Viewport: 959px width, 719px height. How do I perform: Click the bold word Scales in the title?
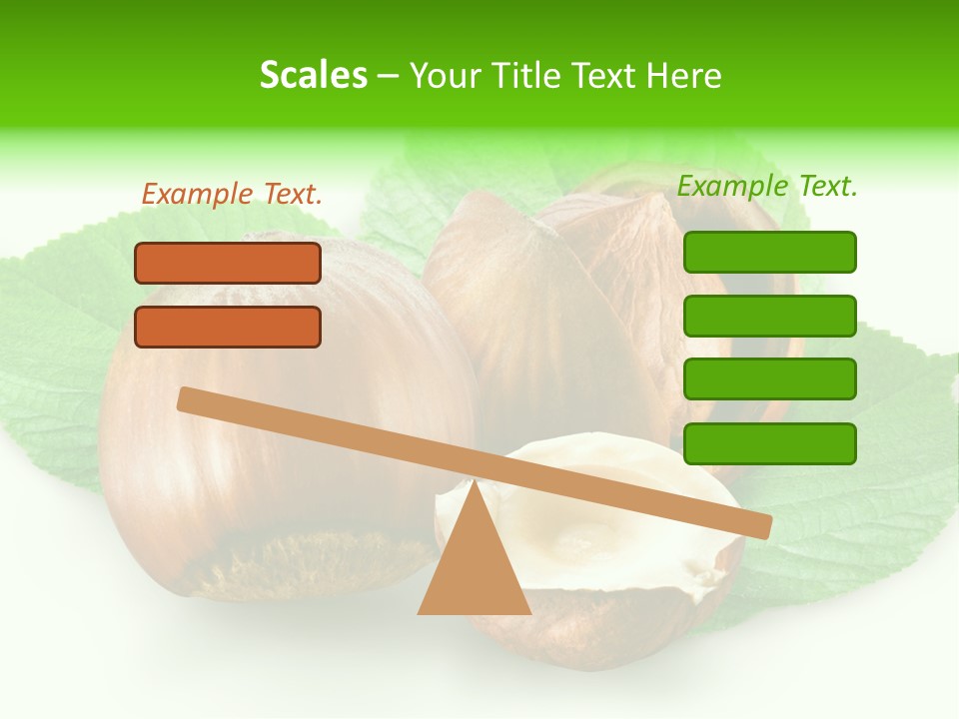[313, 76]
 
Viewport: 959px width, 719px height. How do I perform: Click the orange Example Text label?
[232, 195]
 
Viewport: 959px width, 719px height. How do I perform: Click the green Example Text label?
[767, 186]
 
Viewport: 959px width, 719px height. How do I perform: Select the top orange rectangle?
[228, 263]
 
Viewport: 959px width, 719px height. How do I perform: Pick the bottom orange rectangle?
[228, 327]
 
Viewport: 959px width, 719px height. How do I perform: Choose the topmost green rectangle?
[769, 252]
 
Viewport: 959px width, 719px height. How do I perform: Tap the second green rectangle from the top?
[769, 316]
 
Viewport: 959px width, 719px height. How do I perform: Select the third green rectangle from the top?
[769, 378]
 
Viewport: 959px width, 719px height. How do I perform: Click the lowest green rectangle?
[769, 443]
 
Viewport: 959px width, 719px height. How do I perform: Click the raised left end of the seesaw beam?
[190, 400]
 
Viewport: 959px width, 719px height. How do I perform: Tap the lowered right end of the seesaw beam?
[759, 525]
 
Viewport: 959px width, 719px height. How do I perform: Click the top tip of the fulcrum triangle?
[475, 483]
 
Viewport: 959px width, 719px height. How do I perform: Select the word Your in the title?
[445, 76]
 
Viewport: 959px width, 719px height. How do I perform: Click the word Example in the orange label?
[196, 195]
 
